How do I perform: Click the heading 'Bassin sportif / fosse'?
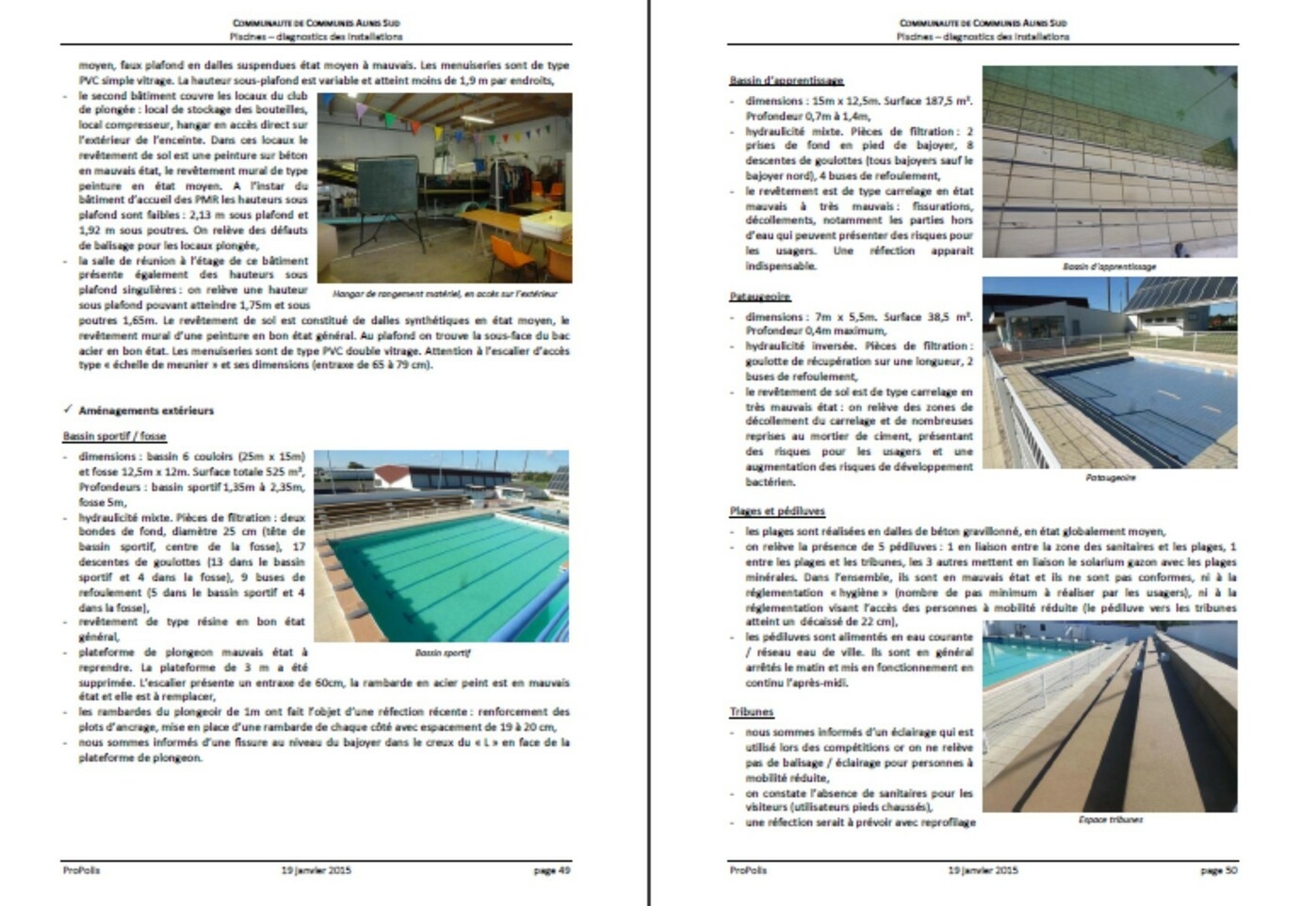[x=114, y=436]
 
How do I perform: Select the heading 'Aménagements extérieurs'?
[x=146, y=411]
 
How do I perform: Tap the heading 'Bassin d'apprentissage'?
[x=786, y=80]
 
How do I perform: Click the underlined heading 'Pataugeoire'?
[x=759, y=297]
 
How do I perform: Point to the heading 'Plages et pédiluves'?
[x=776, y=511]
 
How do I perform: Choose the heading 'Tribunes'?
[x=751, y=712]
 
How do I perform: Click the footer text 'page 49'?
[x=552, y=870]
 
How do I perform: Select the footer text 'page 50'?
[x=1218, y=870]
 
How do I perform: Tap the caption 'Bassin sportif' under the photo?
[x=442, y=652]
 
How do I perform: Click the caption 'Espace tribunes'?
[x=1110, y=819]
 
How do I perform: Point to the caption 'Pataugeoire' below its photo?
[x=1110, y=477]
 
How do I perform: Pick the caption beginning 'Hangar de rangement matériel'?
[x=445, y=294]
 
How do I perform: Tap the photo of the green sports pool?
[x=442, y=546]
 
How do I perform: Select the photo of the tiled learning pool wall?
[x=1110, y=161]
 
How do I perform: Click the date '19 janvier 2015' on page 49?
[x=316, y=870]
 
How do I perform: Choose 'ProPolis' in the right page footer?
[x=748, y=870]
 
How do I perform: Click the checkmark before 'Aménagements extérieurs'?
[x=68, y=410]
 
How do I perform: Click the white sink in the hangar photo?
[x=546, y=224]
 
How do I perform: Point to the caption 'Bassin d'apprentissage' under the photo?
[x=1109, y=267]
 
